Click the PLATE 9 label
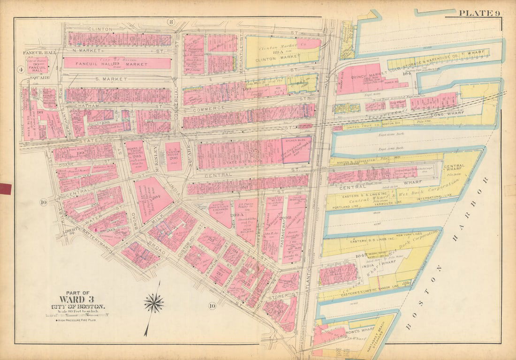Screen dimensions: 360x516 [x=478, y=13]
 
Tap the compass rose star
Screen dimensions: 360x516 [x=154, y=303]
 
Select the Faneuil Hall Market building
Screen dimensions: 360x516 [x=117, y=63]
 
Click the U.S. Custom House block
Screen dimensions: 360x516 [x=174, y=156]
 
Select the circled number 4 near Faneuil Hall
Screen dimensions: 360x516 [x=21, y=70]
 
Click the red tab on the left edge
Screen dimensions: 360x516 [x=6, y=188]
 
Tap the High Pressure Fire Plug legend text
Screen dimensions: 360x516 [x=80, y=321]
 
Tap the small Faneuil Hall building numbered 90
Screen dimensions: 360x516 [x=38, y=66]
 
